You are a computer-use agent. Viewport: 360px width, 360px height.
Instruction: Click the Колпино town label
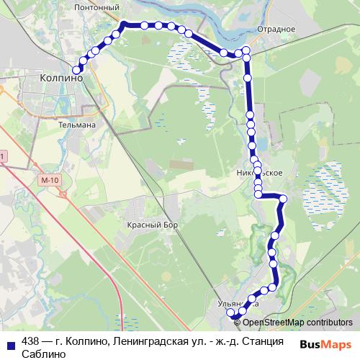point(61,77)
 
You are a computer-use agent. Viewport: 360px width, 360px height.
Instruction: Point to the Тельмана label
point(76,124)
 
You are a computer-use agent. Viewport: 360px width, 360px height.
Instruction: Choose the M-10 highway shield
point(50,179)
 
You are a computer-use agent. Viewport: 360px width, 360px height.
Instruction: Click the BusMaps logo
point(325,344)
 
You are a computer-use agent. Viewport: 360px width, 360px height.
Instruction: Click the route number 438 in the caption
point(30,341)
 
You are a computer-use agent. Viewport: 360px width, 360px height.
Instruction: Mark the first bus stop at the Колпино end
point(76,69)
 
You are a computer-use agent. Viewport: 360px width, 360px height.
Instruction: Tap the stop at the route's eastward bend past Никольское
point(283,199)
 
